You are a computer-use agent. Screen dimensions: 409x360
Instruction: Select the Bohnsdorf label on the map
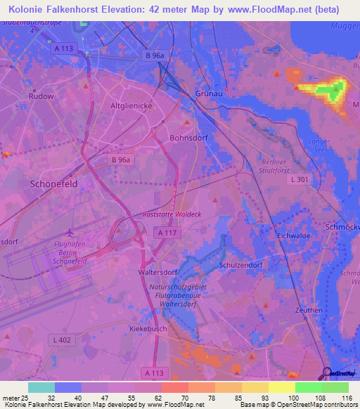tap(186, 138)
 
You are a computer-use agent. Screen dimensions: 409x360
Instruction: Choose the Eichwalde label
tap(293, 236)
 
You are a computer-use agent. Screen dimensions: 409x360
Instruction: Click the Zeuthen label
tap(309, 310)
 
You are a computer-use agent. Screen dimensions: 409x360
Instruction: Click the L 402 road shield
tap(62, 340)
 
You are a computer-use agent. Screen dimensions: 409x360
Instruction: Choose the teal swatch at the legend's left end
tap(41, 387)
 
